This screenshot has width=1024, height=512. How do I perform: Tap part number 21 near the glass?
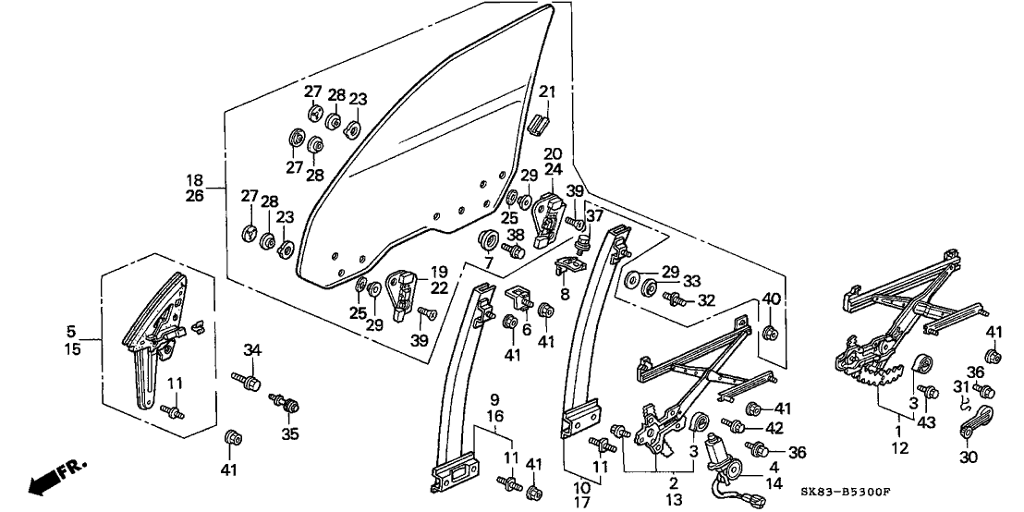click(548, 91)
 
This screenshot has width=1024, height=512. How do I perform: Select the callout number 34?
click(253, 348)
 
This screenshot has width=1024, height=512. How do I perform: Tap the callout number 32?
click(707, 300)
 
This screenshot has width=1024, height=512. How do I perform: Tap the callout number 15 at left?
click(71, 348)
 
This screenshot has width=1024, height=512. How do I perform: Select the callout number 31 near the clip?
click(963, 386)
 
